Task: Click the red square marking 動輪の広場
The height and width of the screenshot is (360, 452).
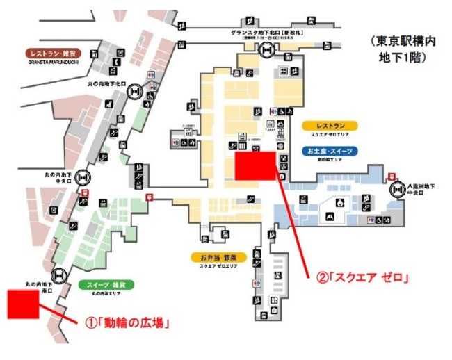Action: [x=22, y=304]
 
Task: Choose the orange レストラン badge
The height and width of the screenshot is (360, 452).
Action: [x=330, y=126]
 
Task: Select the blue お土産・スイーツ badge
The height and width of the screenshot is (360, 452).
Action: [x=330, y=150]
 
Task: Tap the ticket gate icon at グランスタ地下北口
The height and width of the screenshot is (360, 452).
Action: [x=267, y=50]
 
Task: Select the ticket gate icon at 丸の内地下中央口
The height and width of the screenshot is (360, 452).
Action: [x=83, y=178]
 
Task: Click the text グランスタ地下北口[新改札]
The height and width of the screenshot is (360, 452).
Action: [x=266, y=33]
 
